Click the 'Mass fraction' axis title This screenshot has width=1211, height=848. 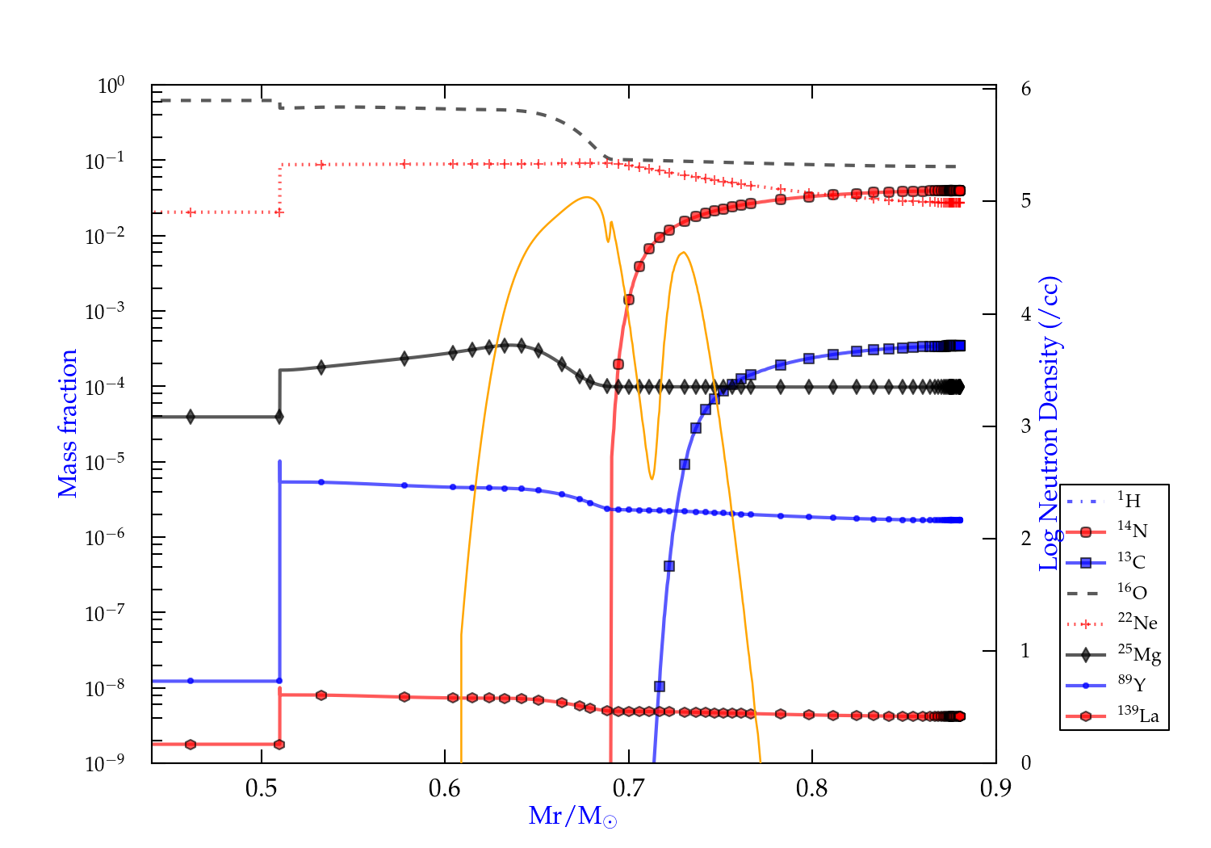pyautogui.click(x=68, y=423)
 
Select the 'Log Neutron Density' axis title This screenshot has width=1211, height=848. pyautogui.click(x=1050, y=423)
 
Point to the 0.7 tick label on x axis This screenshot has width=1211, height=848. pyautogui.click(x=628, y=788)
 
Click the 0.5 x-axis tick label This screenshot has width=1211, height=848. pyautogui.click(x=261, y=788)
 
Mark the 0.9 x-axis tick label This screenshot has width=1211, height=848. pyautogui.click(x=995, y=788)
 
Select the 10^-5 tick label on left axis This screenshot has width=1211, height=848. pyautogui.click(x=105, y=463)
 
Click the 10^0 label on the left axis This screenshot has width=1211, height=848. pyautogui.click(x=111, y=86)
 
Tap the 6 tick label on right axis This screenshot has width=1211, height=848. pyautogui.click(x=1025, y=89)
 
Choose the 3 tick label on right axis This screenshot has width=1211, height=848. pyautogui.click(x=1025, y=426)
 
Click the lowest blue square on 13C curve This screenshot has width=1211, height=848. pyautogui.click(x=660, y=686)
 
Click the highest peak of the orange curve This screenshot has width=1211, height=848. pyautogui.click(x=587, y=196)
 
